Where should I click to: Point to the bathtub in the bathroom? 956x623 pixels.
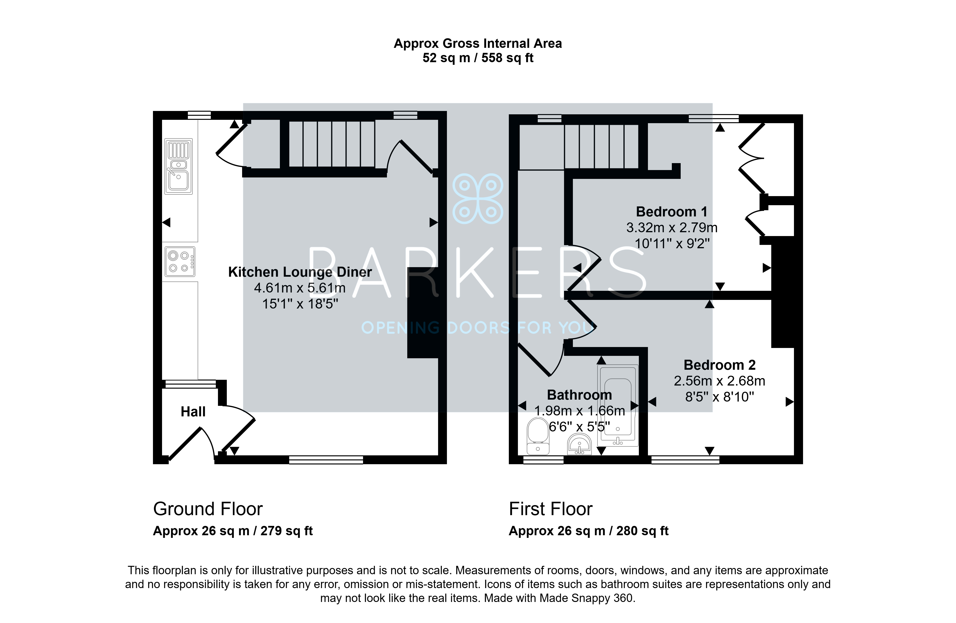pyautogui.click(x=618, y=405)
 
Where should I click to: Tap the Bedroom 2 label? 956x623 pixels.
pyautogui.click(x=719, y=365)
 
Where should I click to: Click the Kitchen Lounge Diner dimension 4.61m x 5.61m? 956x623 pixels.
pyautogui.click(x=300, y=288)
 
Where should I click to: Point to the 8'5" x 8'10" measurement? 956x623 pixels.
pyautogui.click(x=719, y=397)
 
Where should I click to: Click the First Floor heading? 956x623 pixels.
pyautogui.click(x=550, y=509)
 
